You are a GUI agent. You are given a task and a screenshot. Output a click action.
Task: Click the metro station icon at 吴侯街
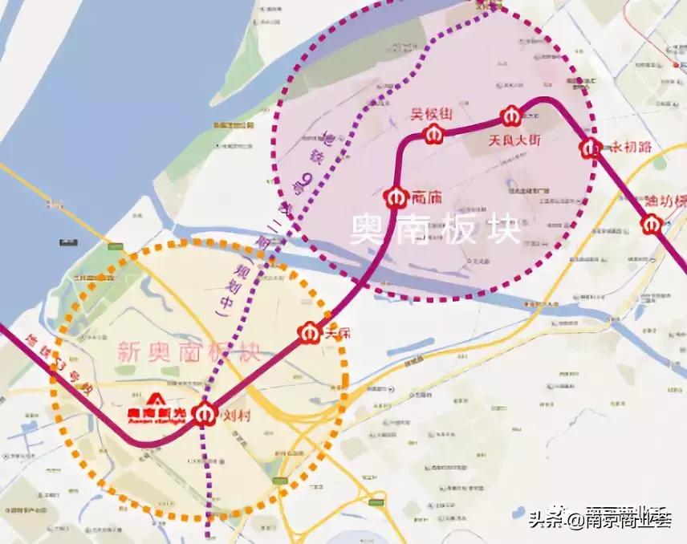point(434,135)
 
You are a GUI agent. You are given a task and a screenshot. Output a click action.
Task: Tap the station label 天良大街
point(515,140)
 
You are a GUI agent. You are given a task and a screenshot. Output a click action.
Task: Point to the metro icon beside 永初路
point(591,148)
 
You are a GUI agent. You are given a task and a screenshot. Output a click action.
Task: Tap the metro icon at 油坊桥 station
point(652,225)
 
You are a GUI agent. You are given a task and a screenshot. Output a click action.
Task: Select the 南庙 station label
point(426,196)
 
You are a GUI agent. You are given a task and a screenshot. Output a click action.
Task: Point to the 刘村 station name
point(234,416)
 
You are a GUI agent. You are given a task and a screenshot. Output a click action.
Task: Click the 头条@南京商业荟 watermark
point(599,518)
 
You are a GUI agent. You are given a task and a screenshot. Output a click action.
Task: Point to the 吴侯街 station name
point(428,114)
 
